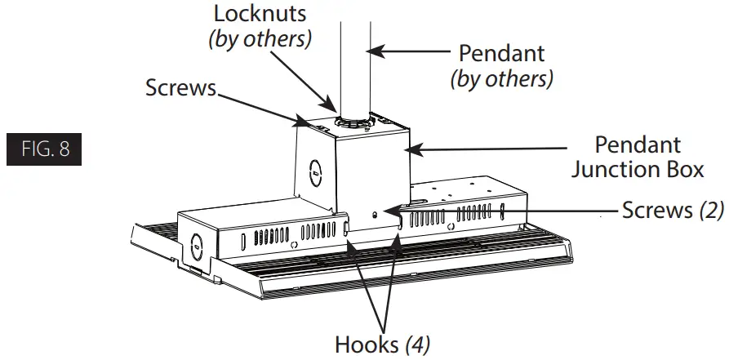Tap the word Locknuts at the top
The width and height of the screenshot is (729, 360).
tap(260, 13)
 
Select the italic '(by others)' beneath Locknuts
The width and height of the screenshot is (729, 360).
tap(260, 38)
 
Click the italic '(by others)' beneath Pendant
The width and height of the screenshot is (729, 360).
tap(501, 78)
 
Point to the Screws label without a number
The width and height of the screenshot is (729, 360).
tap(181, 87)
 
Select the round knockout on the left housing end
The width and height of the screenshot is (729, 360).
tap(197, 243)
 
